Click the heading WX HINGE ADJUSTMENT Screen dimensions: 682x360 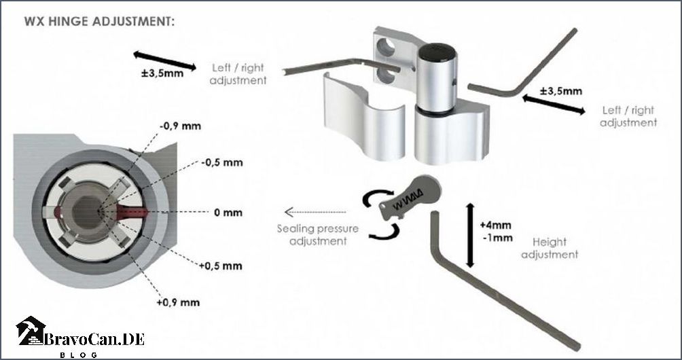(x=99, y=21)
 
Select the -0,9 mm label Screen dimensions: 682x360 (x=180, y=126)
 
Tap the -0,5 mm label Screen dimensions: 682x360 (x=222, y=162)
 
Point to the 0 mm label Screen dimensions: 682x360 (x=228, y=213)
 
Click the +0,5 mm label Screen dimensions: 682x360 (x=221, y=266)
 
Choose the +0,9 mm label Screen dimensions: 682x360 (x=179, y=303)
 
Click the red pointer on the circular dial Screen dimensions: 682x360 (x=133, y=212)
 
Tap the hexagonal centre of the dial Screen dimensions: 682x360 (x=86, y=212)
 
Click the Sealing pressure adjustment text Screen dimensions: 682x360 (x=318, y=235)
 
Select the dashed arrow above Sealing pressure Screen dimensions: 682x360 (x=315, y=212)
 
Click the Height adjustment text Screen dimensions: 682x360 (x=550, y=248)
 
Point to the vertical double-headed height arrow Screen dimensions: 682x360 (x=469, y=235)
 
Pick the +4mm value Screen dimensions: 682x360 (x=495, y=226)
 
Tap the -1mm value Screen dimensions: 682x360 (x=498, y=238)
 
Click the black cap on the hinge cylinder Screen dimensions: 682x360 (x=437, y=52)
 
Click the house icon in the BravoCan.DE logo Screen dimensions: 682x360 (x=31, y=331)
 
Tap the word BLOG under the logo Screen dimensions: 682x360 (x=79, y=355)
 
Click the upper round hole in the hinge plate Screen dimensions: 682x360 (x=387, y=48)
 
